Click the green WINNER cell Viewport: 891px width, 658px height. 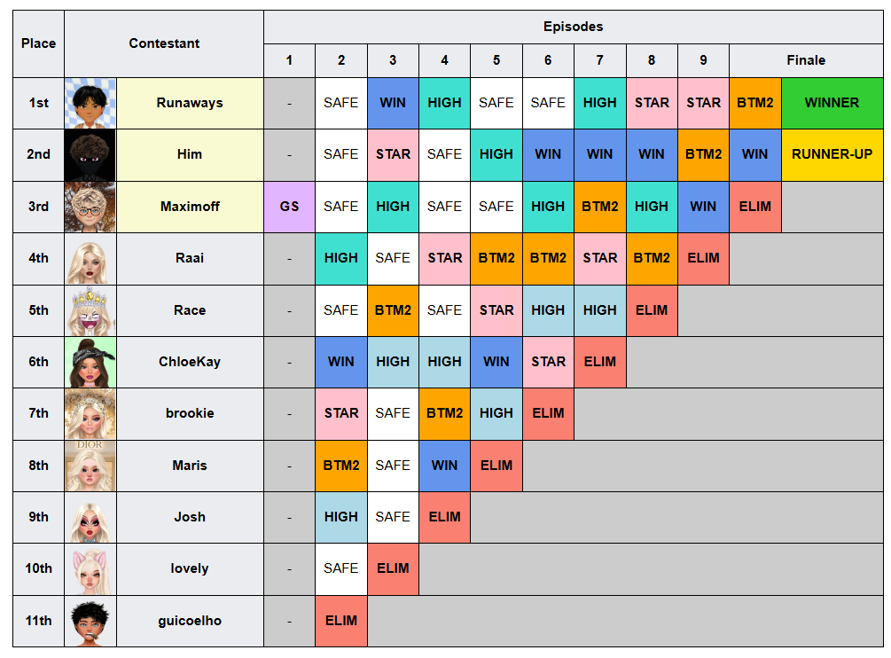[x=832, y=103]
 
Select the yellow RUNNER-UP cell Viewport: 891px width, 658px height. [x=832, y=154]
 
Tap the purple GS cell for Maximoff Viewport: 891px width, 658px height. [x=289, y=207]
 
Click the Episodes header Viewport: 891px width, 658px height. [x=574, y=27]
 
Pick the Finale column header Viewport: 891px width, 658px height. [x=806, y=60]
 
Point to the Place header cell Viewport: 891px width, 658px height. [x=39, y=43]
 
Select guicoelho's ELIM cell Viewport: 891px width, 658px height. [x=341, y=621]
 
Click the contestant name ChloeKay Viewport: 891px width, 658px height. [x=190, y=362]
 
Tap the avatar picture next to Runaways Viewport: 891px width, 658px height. [x=90, y=104]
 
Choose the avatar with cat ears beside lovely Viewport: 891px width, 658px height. [x=90, y=568]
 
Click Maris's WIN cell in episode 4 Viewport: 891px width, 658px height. [x=444, y=466]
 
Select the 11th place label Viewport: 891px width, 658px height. [x=39, y=621]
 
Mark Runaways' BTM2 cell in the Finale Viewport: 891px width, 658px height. [x=755, y=103]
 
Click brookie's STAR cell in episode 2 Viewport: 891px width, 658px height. [x=341, y=413]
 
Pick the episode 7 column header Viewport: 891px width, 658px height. [x=599, y=60]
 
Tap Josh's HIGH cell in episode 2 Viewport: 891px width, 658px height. [x=341, y=517]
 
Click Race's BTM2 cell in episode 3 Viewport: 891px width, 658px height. [x=393, y=310]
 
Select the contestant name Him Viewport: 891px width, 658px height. [x=190, y=154]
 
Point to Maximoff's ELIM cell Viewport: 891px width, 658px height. [x=755, y=207]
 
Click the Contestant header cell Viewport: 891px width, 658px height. [x=164, y=43]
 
